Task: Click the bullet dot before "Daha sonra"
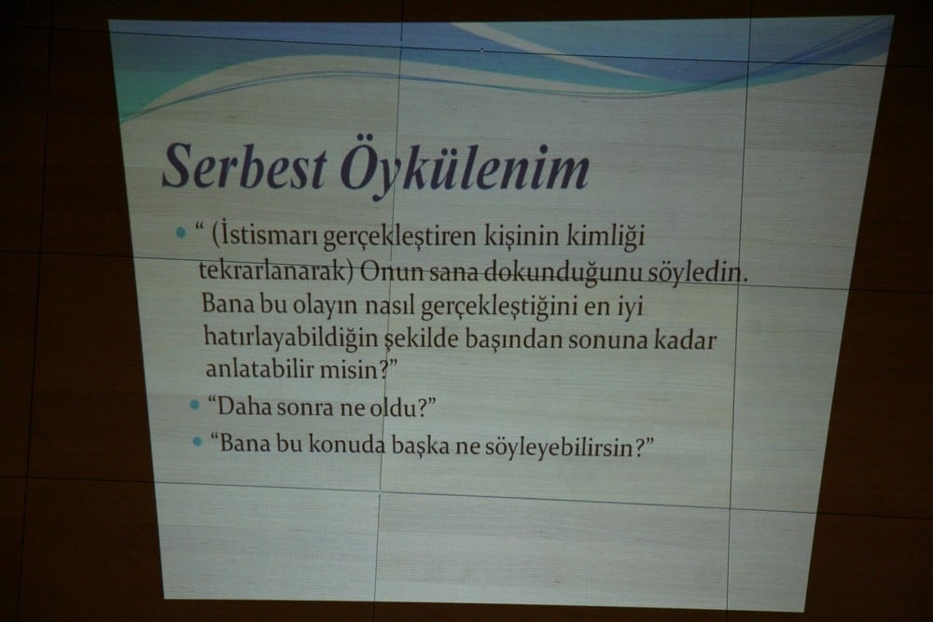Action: [x=194, y=406]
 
